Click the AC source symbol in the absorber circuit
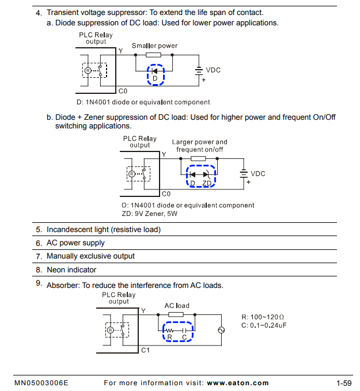point(220,331)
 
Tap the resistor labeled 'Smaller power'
point(154,55)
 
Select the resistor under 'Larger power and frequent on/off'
point(198,158)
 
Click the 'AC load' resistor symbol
point(176,314)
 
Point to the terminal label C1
point(145,350)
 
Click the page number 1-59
point(344,383)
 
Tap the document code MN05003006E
point(41,383)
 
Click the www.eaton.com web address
point(237,383)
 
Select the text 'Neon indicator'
point(71,269)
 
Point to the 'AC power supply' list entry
point(75,243)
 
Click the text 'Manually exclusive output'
point(90,256)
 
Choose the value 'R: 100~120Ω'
point(263,317)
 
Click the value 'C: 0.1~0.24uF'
point(264,325)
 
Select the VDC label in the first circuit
point(213,70)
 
